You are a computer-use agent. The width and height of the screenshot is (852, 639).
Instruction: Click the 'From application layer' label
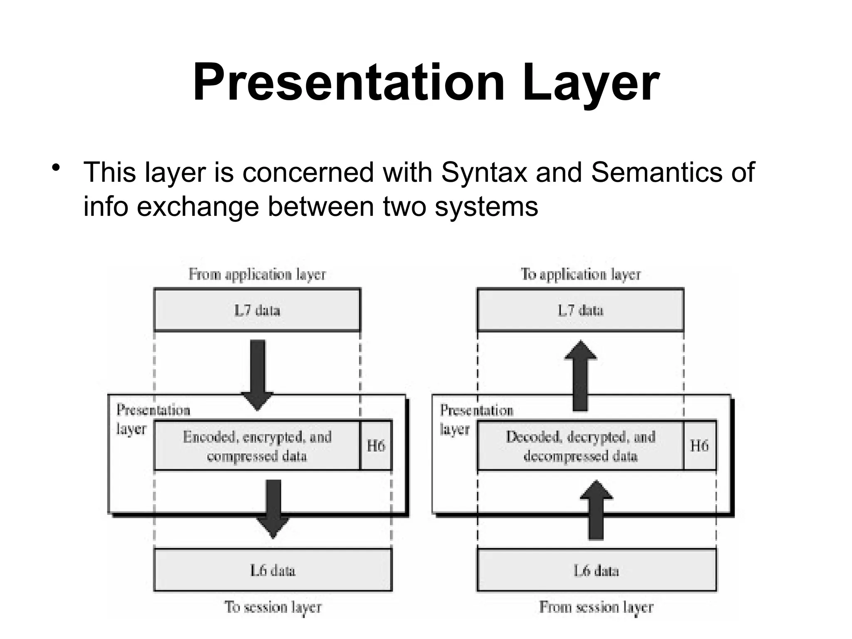257,275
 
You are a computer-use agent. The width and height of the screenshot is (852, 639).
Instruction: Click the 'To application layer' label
581,275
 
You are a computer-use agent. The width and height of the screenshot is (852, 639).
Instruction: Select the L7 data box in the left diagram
257,310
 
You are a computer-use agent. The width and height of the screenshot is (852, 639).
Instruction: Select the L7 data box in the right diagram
581,310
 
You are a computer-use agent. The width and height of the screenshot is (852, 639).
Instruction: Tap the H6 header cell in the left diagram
376,446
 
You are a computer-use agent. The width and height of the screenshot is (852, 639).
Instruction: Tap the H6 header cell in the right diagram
700,446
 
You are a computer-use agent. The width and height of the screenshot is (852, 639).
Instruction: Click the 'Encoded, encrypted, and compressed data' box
257,446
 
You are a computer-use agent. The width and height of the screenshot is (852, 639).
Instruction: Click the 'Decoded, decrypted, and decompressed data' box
581,446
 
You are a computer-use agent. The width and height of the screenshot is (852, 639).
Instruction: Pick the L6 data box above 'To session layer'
273,570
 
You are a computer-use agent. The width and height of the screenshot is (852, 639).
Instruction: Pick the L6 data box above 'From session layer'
597,570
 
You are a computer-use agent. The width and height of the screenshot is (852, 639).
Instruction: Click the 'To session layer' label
273,607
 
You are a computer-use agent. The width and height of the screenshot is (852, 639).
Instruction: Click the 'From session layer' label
597,607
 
